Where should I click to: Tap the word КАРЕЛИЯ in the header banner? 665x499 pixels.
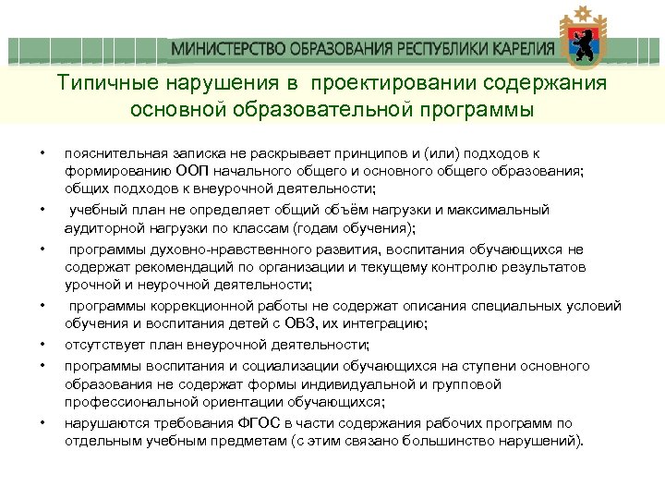pyautogui.click(x=521, y=49)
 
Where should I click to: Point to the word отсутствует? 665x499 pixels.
pyautogui.click(x=102, y=345)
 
